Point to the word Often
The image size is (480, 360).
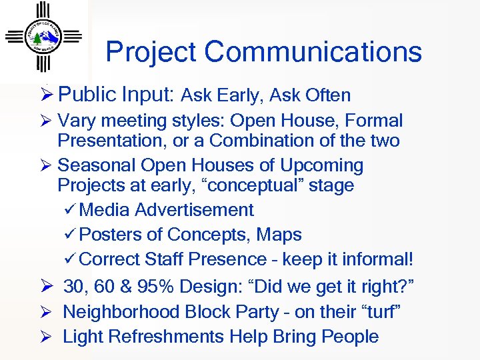pos(328,96)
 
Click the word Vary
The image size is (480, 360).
pos(75,121)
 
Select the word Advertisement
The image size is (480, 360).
pos(194,210)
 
